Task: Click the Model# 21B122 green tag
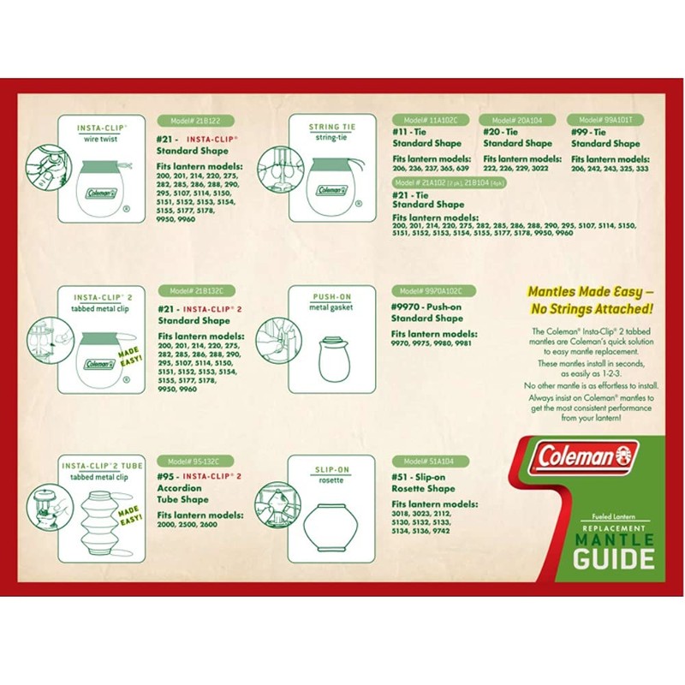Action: click(x=194, y=121)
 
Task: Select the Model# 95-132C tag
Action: click(x=193, y=461)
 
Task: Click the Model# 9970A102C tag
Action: click(x=432, y=291)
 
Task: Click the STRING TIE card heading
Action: click(x=331, y=127)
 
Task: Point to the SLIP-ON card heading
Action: click(x=331, y=468)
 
